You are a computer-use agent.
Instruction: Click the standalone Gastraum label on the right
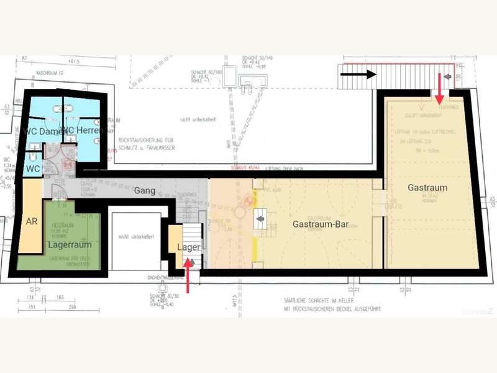coord(427,187)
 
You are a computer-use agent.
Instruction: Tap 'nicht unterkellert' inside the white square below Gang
coord(136,236)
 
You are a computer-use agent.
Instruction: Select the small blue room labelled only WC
coord(32,168)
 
